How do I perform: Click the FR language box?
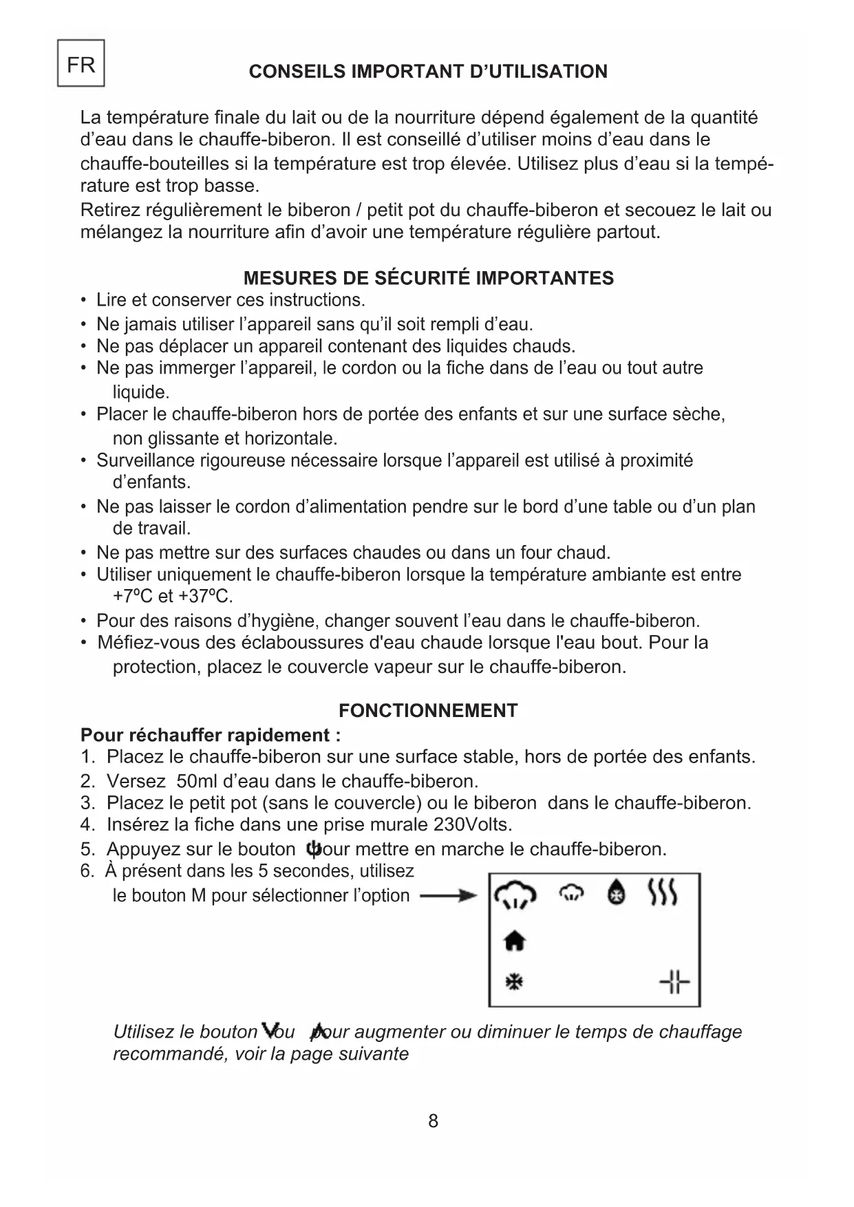[81, 63]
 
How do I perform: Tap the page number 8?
[433, 1121]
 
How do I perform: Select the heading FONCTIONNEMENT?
[427, 711]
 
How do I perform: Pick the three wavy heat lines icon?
[663, 893]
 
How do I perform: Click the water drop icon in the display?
[616, 893]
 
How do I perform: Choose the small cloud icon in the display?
[571, 893]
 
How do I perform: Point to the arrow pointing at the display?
[448, 895]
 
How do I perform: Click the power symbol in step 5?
[314, 848]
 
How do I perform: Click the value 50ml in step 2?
[195, 781]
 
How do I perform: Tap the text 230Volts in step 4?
[473, 824]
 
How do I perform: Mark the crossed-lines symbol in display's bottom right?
[674, 982]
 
